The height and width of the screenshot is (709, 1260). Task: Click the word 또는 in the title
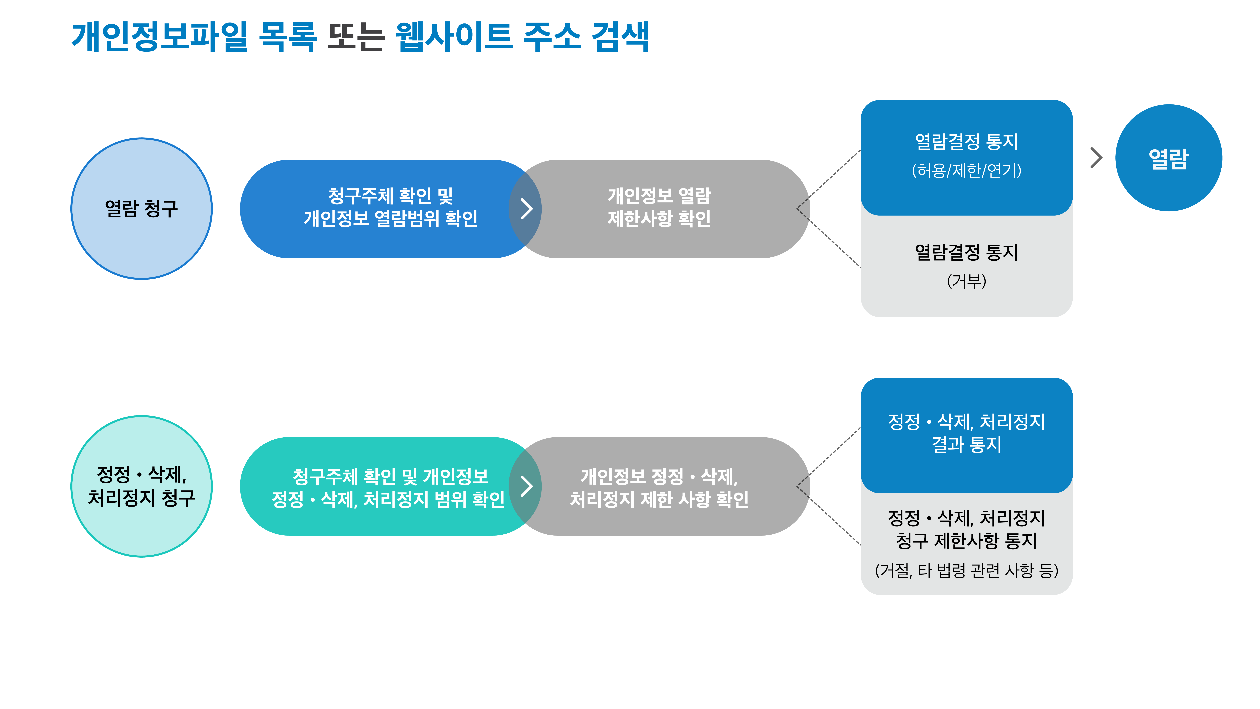coord(356,37)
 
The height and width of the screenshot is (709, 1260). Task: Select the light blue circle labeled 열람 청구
coord(141,208)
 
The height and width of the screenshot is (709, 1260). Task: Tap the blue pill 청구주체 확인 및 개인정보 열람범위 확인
coord(381,208)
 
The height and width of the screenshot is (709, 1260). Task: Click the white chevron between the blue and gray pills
coord(526,208)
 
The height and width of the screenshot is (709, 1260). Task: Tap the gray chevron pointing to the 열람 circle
coord(1097,158)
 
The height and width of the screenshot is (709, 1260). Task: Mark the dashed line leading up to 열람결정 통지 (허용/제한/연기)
coord(829,179)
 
